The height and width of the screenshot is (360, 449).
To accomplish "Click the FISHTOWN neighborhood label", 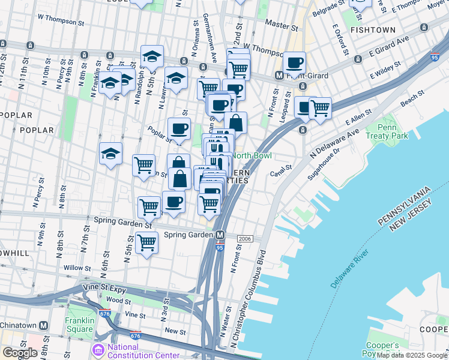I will [373, 29].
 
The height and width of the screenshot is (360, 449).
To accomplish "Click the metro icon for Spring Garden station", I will [220, 235].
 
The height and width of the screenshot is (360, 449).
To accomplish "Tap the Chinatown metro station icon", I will [43, 325].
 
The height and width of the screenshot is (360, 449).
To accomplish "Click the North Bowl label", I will [252, 156].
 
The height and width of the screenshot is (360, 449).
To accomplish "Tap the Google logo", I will [20, 353].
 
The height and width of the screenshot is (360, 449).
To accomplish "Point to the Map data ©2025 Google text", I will [412, 355].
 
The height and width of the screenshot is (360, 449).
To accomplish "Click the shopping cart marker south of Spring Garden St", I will [146, 242].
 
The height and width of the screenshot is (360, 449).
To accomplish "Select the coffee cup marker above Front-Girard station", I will [294, 62].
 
